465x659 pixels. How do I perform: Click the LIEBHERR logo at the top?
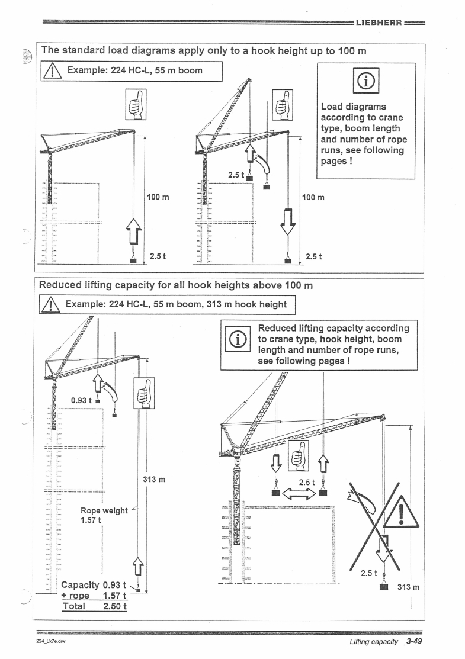[379, 24]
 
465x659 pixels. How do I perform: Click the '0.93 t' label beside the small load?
[82, 401]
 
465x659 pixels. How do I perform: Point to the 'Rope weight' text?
[104, 510]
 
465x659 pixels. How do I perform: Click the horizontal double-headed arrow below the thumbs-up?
[298, 493]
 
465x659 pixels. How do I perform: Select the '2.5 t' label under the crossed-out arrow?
[370, 573]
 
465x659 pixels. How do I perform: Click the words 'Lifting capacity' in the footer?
[373, 641]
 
